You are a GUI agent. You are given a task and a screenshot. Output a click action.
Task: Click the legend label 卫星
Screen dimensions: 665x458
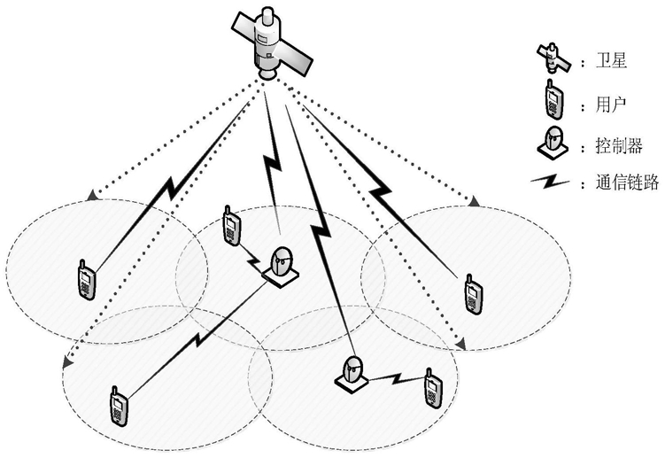(611, 61)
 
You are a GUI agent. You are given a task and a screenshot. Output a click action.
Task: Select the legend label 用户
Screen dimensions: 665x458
(611, 105)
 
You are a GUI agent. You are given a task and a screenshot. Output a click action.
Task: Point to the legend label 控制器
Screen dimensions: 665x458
(619, 145)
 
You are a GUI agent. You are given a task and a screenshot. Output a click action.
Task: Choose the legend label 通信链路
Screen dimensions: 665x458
(627, 182)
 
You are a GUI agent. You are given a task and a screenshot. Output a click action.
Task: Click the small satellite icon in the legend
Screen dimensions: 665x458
(553, 58)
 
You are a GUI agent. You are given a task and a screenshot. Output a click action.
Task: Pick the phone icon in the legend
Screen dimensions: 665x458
(553, 99)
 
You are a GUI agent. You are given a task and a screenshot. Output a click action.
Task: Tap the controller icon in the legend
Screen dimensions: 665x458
(553, 143)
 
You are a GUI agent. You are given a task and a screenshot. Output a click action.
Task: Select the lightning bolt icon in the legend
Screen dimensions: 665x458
(550, 182)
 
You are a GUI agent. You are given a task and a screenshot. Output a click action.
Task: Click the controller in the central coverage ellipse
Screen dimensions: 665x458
(281, 266)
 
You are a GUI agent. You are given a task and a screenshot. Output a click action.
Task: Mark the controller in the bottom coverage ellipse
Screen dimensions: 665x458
(352, 374)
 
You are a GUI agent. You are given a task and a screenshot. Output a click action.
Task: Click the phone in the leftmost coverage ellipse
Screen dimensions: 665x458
(87, 279)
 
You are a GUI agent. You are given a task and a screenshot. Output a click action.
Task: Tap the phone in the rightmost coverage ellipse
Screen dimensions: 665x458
(474, 294)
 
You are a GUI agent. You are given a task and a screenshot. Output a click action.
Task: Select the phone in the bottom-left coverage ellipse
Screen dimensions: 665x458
(120, 407)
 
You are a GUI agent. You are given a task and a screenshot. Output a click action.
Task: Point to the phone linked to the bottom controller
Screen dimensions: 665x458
(433, 389)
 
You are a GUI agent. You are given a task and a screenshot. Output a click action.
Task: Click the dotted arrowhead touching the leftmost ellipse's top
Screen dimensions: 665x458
(90, 196)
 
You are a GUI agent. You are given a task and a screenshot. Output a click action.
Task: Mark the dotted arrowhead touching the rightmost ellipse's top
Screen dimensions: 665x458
(475, 201)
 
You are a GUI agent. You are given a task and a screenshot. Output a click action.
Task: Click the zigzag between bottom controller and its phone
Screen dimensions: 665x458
(397, 378)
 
